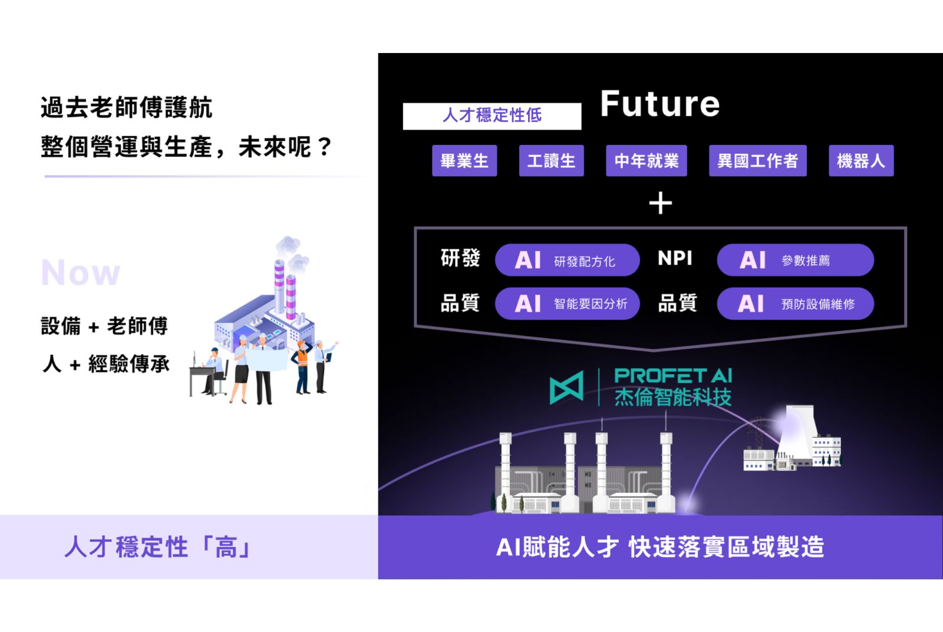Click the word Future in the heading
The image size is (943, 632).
660,104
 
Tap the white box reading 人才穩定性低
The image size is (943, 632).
492,116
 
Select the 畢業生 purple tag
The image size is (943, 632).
464,160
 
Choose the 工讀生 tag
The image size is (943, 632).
551,160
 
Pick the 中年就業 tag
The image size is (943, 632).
646,160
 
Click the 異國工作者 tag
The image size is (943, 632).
758,160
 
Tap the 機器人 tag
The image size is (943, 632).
861,160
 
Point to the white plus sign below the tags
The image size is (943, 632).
660,203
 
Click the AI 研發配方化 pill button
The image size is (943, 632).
567,260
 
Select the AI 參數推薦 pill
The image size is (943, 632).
795,260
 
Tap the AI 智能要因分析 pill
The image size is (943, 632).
567,304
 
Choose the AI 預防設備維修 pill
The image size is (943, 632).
795,304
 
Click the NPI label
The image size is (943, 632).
675,258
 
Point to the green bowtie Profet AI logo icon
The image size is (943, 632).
566,387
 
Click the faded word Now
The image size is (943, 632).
81,272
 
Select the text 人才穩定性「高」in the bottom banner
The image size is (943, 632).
159,547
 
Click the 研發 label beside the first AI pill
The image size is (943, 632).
460,258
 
